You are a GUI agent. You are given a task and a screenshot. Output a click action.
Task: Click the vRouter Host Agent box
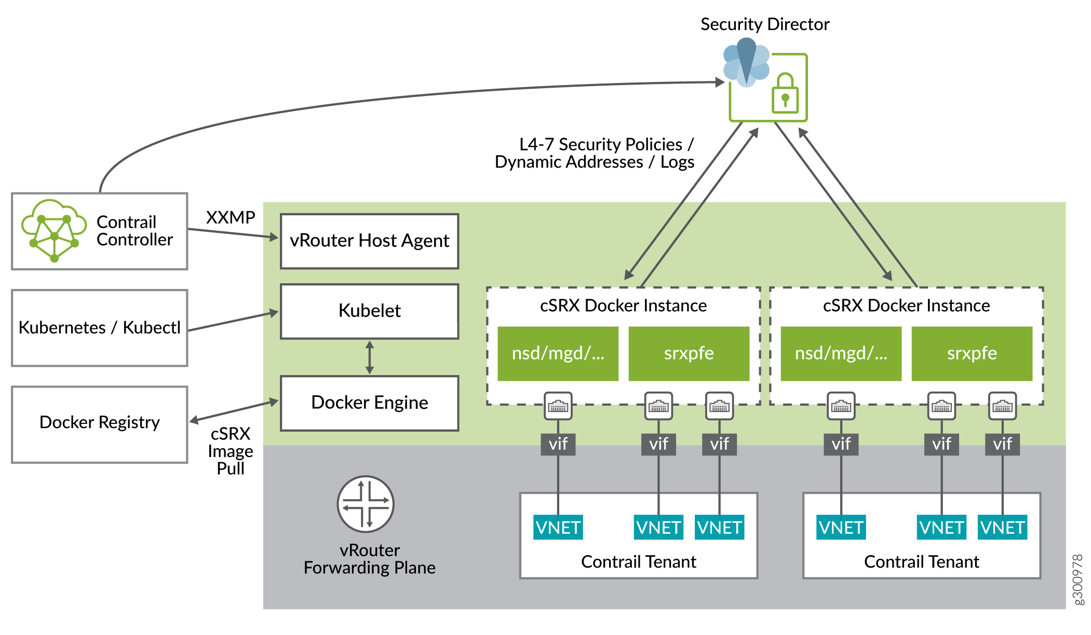click(369, 241)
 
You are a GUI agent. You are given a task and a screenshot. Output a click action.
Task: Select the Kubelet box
click(369, 311)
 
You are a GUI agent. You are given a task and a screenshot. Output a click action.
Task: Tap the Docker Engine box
click(369, 403)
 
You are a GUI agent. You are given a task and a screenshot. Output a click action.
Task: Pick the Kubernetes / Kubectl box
click(100, 328)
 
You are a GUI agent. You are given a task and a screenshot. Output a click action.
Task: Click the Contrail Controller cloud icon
click(53, 231)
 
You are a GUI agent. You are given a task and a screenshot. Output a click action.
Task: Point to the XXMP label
click(231, 217)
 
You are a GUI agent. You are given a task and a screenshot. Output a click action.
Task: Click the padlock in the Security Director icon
click(785, 93)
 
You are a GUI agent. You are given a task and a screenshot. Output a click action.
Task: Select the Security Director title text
click(765, 24)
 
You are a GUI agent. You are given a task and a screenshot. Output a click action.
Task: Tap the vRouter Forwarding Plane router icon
click(366, 504)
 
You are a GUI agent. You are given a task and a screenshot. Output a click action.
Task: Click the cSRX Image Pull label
click(231, 451)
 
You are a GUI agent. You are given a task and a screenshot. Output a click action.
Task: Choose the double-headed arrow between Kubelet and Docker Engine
click(370, 357)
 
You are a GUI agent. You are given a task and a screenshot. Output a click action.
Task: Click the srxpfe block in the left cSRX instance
click(689, 353)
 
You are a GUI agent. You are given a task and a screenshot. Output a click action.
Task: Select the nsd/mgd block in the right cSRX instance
click(841, 353)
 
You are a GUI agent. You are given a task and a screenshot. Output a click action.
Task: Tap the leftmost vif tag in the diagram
click(558, 444)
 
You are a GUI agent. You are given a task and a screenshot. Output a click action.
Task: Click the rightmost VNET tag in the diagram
click(1002, 528)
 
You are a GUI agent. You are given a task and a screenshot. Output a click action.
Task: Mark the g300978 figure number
click(1078, 579)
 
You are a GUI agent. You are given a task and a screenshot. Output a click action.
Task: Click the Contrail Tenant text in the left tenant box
click(638, 562)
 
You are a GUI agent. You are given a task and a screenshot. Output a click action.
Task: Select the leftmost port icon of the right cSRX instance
click(841, 406)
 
